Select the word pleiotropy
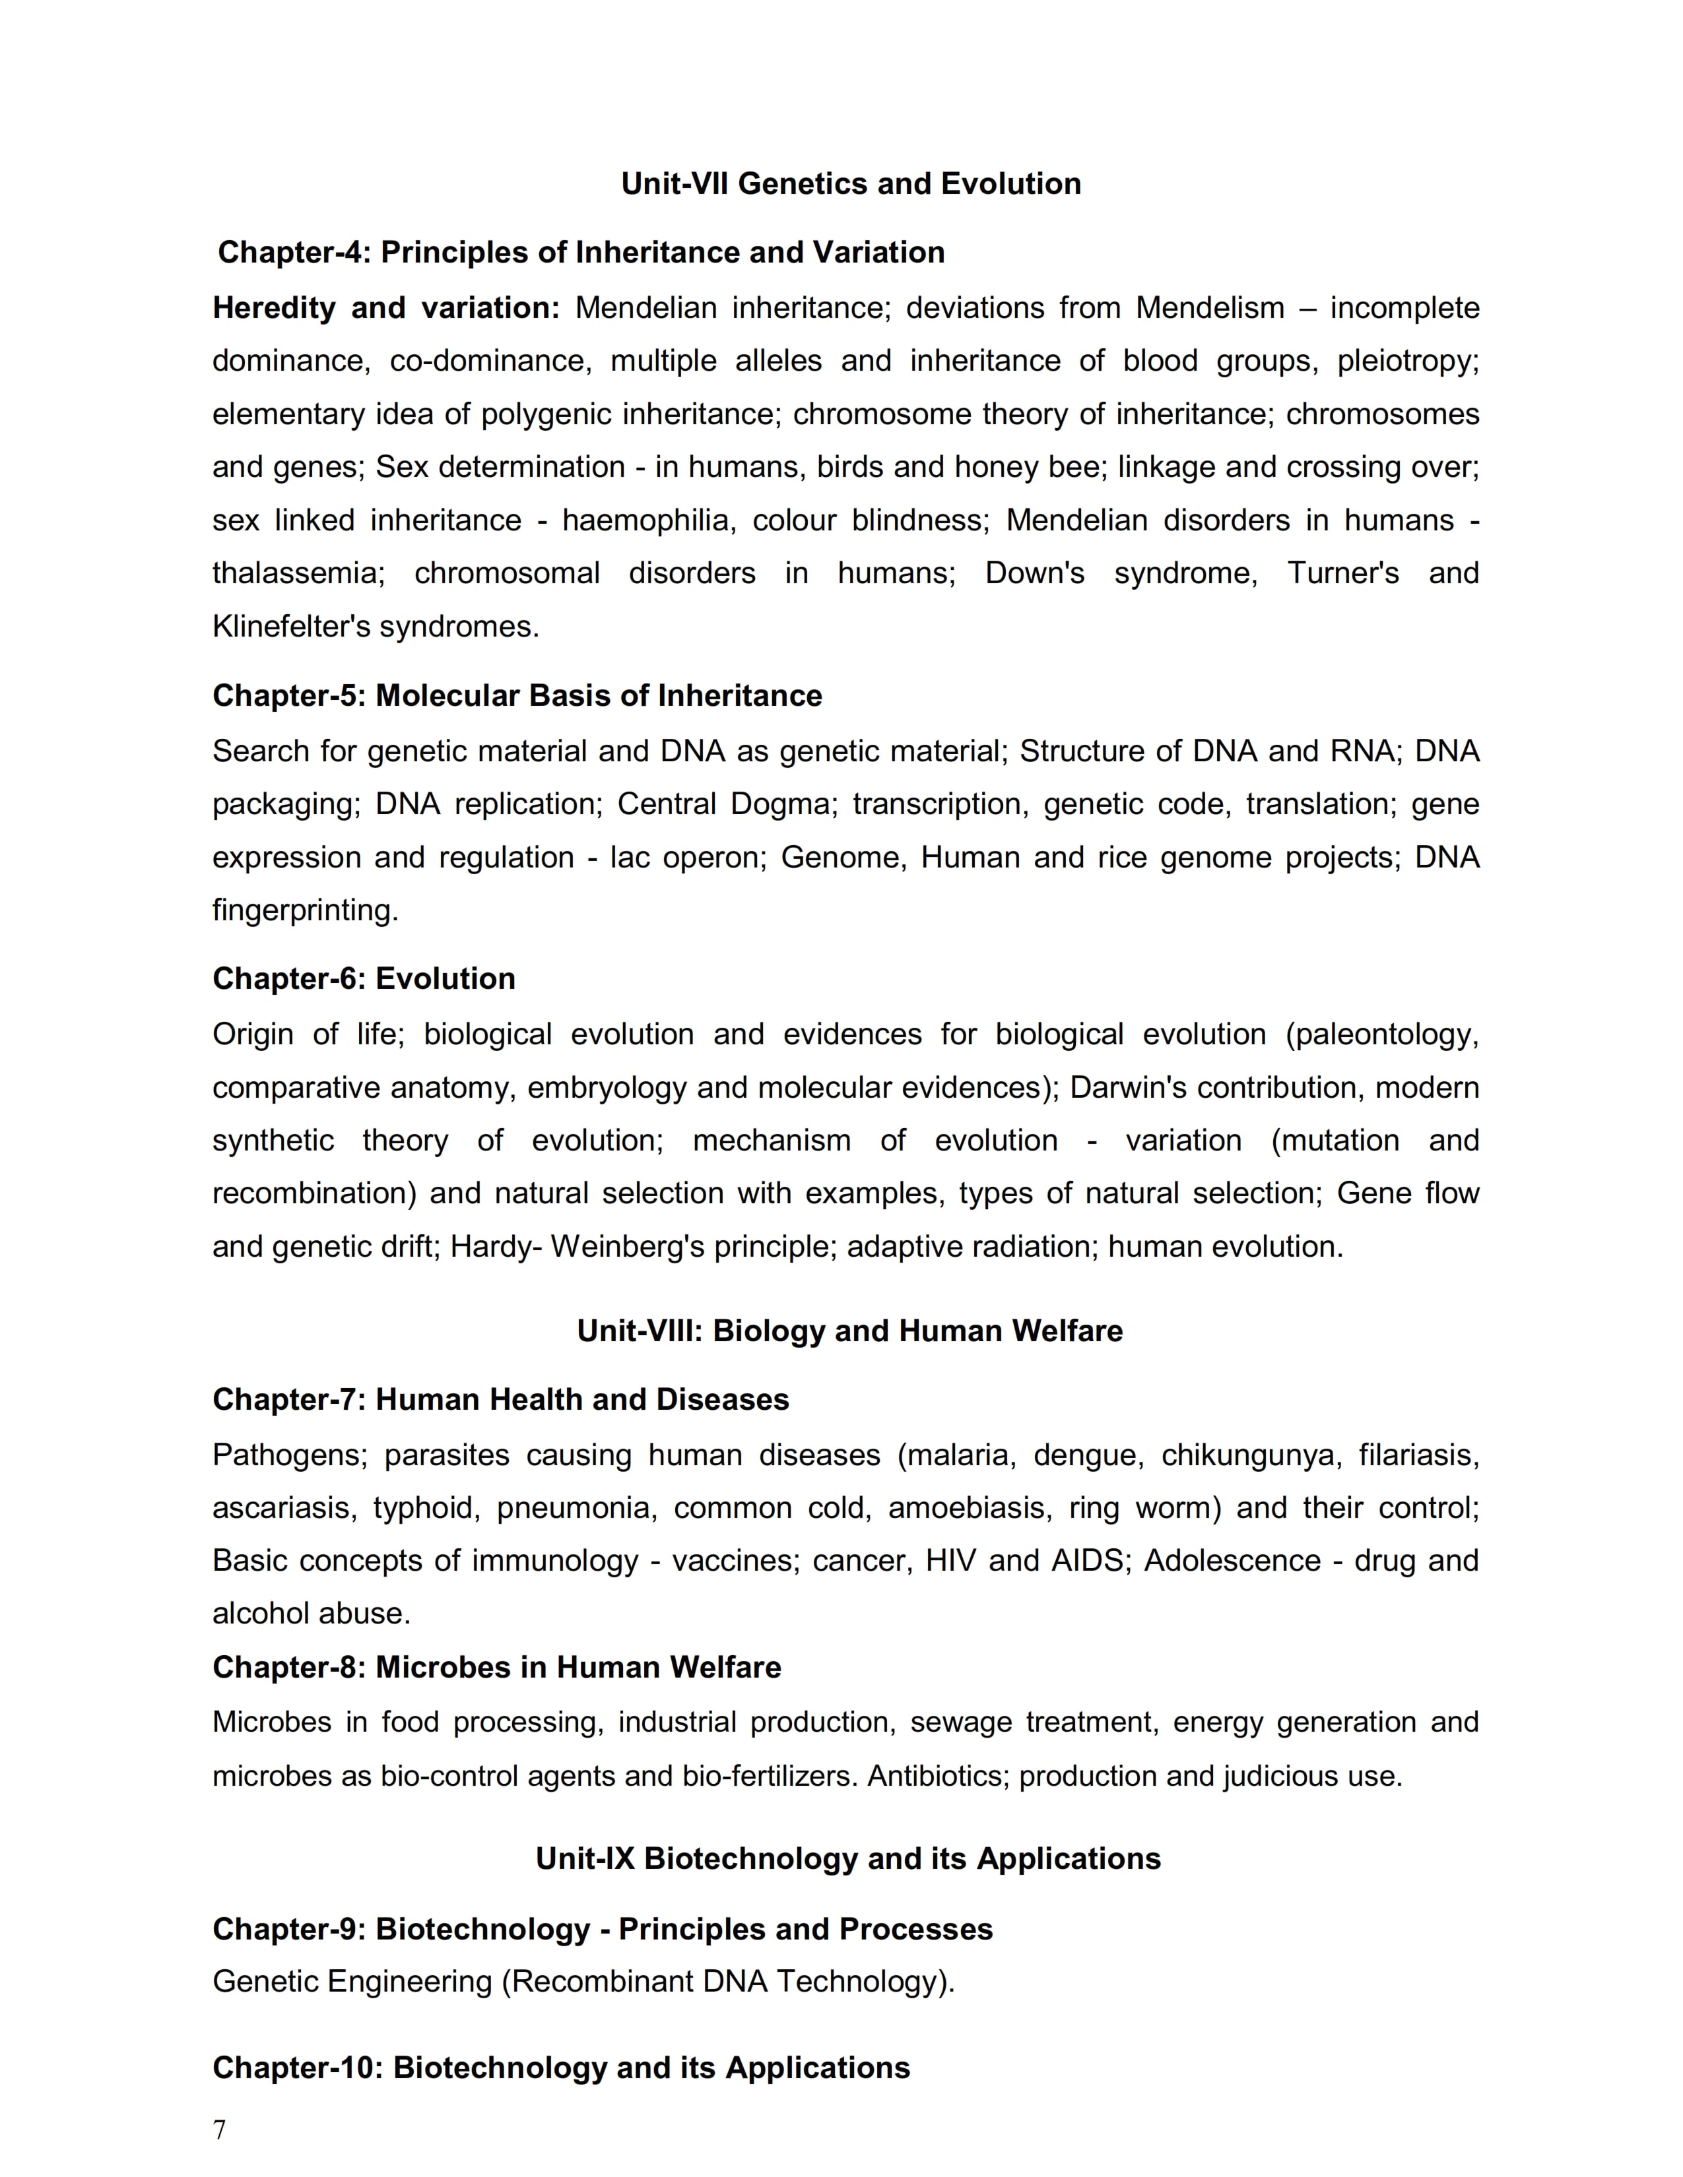[x=1406, y=361]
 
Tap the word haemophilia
[x=645, y=521]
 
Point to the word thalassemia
[x=297, y=573]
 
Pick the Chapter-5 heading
[x=517, y=696]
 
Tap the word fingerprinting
[x=304, y=910]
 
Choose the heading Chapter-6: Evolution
[x=364, y=979]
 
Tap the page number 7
[x=219, y=2130]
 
